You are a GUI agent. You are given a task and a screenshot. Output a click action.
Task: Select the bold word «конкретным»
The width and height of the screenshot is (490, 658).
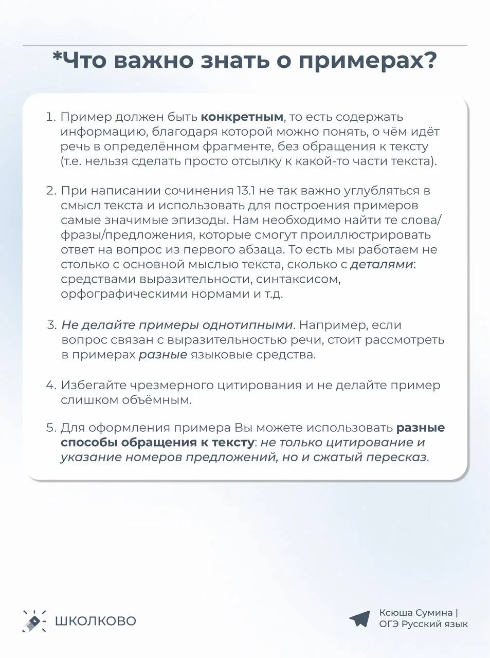pos(242,117)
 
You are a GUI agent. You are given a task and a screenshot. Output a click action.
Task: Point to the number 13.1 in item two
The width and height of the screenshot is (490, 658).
pos(246,191)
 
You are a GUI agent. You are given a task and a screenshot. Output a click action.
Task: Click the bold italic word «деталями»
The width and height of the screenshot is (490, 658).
pos(382,264)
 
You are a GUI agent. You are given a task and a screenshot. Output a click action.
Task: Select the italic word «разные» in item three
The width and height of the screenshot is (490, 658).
pos(162,355)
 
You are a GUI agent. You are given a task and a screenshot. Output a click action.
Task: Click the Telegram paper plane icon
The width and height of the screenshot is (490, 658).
pos(359,618)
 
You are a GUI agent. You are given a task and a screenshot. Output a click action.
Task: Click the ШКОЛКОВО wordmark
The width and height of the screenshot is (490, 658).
pos(96,621)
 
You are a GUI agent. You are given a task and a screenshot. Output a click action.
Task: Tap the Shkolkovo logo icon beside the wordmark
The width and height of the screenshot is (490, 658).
pos(34,620)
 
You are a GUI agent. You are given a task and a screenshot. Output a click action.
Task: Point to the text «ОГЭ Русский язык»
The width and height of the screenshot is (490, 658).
pos(423,624)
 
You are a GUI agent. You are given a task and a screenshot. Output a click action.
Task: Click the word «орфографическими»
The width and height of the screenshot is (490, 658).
pos(124,294)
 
